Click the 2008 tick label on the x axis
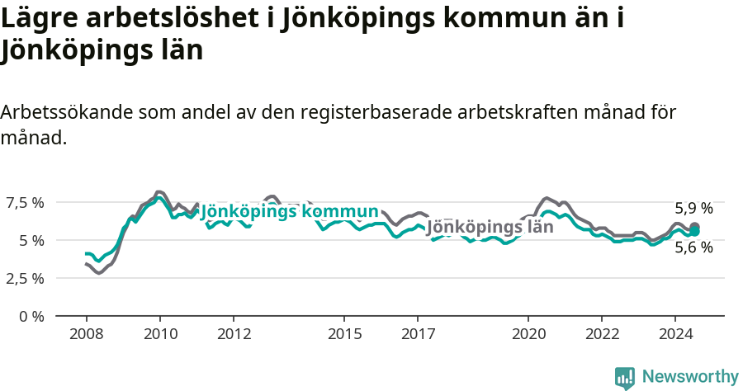coord(86,334)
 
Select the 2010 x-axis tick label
coord(159,334)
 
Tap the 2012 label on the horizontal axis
coord(234,334)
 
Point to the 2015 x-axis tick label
coord(344,334)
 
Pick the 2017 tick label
coord(418,334)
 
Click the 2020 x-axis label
coord(528,334)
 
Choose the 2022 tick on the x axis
coord(602,334)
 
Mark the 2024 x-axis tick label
coord(675,334)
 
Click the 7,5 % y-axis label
coord(26,203)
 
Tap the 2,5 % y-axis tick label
coord(26,279)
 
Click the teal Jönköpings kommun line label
coord(289,211)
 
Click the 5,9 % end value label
coord(693,209)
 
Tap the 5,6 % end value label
coord(693,247)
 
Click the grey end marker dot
coord(695,227)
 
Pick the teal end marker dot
coord(695,232)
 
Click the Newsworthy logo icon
coord(625,378)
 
